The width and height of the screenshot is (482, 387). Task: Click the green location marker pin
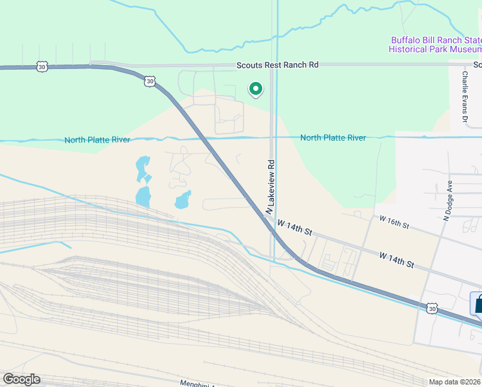[256, 89]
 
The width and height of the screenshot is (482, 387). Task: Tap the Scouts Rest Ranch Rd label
[277, 65]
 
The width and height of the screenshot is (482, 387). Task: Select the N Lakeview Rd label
[271, 187]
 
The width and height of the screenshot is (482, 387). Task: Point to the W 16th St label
[394, 223]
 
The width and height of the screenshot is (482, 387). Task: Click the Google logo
[21, 379]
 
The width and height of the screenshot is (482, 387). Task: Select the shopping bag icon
[477, 303]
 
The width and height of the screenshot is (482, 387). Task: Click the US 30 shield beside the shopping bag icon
[432, 309]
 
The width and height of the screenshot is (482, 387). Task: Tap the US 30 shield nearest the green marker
[149, 81]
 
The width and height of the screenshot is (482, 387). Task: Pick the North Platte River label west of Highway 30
[97, 140]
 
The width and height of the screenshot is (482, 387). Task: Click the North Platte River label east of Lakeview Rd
[333, 138]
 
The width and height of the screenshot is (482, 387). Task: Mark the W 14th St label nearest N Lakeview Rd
[294, 227]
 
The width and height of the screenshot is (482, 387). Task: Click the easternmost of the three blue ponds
[183, 199]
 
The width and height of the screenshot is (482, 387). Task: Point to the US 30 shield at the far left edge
[42, 66]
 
